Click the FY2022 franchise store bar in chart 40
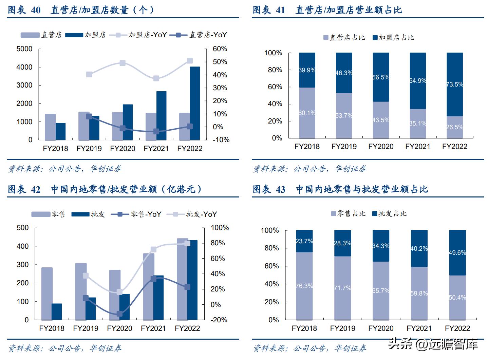(x=195, y=103)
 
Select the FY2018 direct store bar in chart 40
(x=50, y=127)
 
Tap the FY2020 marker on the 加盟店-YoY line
(x=123, y=63)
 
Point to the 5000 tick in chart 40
(x=24, y=49)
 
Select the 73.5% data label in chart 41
(x=455, y=84)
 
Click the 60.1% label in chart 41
(x=307, y=113)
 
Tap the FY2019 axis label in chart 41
(x=344, y=147)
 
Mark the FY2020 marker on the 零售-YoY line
(x=119, y=314)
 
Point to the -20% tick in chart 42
(x=219, y=320)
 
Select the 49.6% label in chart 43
(x=457, y=253)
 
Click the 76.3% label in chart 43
(x=304, y=286)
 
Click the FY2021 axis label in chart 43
(x=419, y=328)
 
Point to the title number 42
(x=36, y=189)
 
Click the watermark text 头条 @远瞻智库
(x=433, y=344)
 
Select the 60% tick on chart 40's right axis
(x=220, y=49)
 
